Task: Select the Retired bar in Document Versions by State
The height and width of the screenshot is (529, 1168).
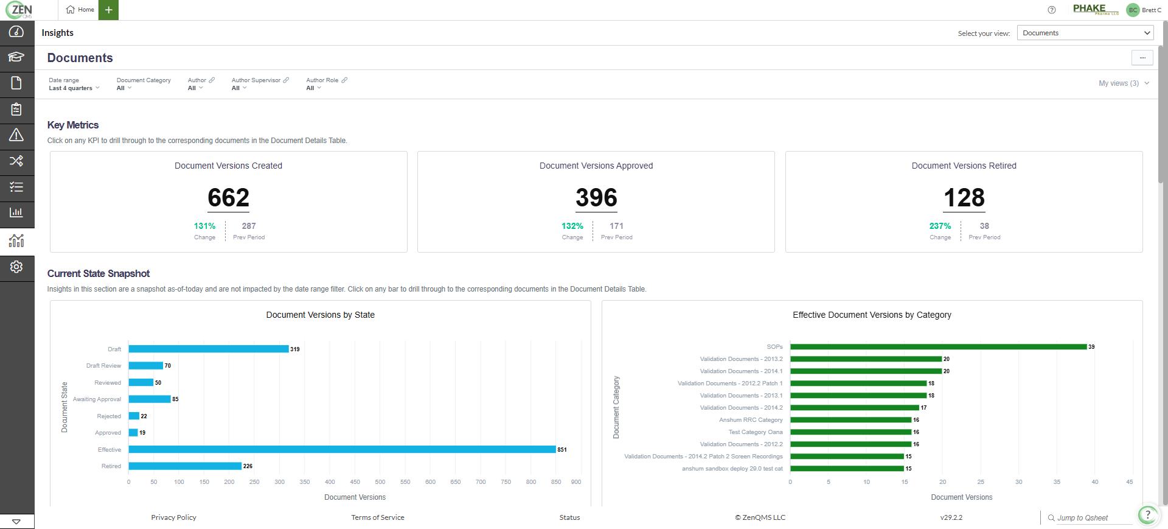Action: pos(185,466)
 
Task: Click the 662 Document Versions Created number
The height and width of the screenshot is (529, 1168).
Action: pos(229,198)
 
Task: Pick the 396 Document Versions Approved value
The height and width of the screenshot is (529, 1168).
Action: pos(596,198)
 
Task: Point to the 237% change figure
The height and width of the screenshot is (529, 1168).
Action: pos(940,226)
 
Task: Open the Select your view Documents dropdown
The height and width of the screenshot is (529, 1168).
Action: pos(1085,33)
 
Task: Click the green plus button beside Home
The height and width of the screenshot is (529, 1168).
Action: pos(108,10)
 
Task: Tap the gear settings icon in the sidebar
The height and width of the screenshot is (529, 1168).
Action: pos(16,267)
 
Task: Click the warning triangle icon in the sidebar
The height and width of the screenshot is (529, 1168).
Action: pos(16,135)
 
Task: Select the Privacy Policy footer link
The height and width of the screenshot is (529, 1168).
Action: pos(173,517)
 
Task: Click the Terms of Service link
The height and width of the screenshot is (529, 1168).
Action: pos(377,517)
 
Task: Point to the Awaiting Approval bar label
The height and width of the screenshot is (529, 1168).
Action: pos(97,399)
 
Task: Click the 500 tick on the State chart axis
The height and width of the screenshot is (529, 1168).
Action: pos(380,482)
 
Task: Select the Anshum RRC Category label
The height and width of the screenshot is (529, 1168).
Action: pos(751,420)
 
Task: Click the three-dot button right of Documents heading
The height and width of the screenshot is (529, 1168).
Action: pos(1142,58)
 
